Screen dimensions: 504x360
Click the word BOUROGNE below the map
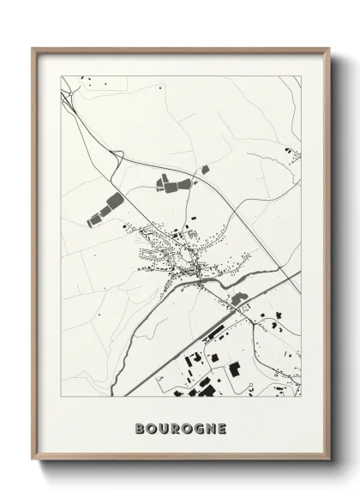pos(180,428)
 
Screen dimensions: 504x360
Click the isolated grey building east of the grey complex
pos(205,170)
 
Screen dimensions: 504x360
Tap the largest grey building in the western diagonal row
pos(111,204)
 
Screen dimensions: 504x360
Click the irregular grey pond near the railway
pos(237,299)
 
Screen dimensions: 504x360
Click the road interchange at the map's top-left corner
pos(67,93)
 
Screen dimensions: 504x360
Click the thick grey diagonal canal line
pos(214,330)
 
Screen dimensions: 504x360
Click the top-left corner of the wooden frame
pos(33,49)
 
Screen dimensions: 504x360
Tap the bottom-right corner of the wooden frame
pos(329,461)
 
